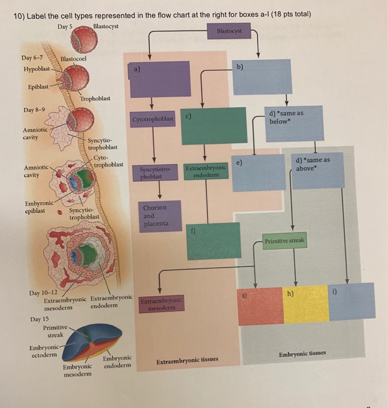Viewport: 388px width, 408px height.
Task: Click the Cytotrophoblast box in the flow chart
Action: point(153,119)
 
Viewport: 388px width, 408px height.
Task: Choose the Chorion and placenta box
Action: point(154,216)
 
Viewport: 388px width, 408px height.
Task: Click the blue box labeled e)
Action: point(251,172)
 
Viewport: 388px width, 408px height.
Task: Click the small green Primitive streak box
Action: point(284,241)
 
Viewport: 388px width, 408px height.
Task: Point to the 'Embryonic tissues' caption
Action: point(302,354)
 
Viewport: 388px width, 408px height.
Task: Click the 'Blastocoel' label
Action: point(73,59)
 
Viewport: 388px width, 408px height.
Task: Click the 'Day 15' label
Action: point(40,319)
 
